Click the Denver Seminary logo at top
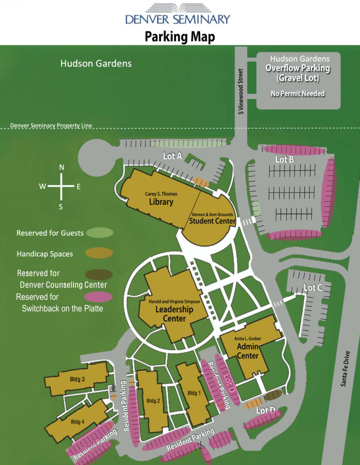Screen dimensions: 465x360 178,14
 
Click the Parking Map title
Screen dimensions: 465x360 180,36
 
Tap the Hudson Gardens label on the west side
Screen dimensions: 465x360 96,63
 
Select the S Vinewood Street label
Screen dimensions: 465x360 241,92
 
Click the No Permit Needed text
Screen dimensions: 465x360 297,93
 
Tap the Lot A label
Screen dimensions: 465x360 172,156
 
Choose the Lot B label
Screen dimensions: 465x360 284,159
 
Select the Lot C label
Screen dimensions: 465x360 313,288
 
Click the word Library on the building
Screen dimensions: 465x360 161,202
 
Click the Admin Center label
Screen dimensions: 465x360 248,351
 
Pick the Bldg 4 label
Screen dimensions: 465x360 77,422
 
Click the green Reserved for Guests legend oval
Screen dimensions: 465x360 99,232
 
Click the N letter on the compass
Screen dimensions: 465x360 62,167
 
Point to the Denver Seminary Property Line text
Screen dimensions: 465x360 51,126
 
